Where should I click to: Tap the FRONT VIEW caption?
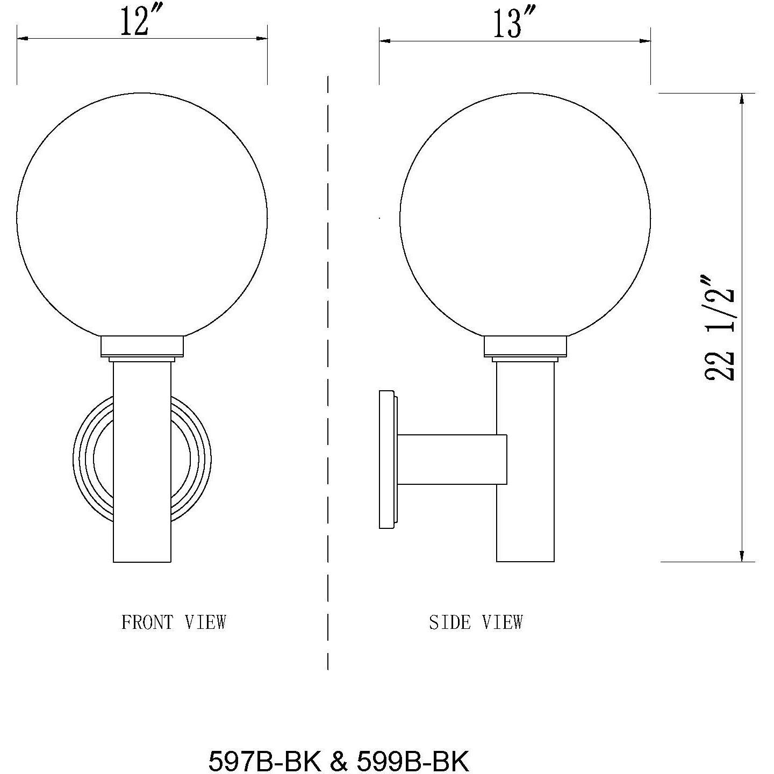[174, 622]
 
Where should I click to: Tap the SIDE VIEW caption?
[476, 622]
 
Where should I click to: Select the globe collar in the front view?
[142, 347]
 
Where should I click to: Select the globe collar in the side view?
[525, 347]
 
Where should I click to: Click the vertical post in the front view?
[142, 462]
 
